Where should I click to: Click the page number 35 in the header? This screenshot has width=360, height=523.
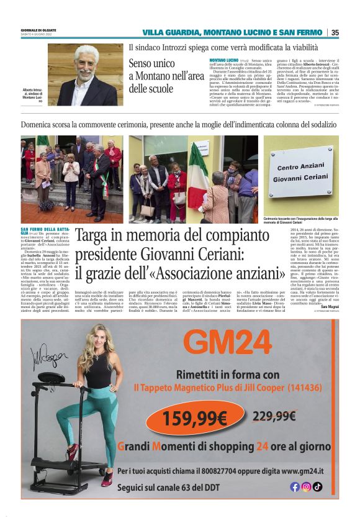(x=335, y=32)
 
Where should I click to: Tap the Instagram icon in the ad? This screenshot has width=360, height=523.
(x=306, y=486)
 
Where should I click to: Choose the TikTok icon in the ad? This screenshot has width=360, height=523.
(x=317, y=486)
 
